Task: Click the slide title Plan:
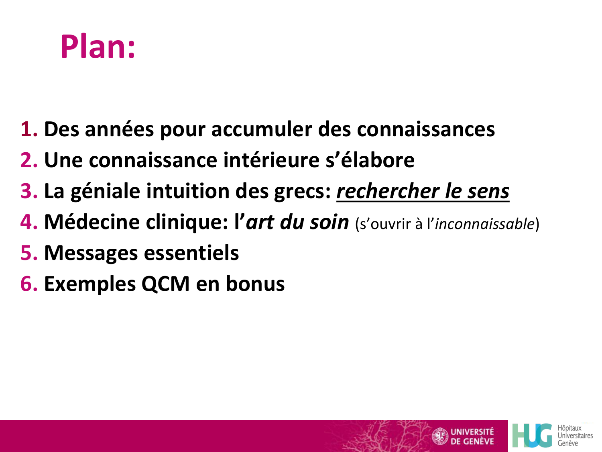[98, 47]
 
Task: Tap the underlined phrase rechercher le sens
[423, 191]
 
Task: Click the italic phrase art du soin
[297, 222]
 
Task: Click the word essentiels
[191, 253]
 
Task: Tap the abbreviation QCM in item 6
[165, 284]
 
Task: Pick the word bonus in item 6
[255, 284]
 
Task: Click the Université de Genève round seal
[439, 436]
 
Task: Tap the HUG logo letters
[532, 436]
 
